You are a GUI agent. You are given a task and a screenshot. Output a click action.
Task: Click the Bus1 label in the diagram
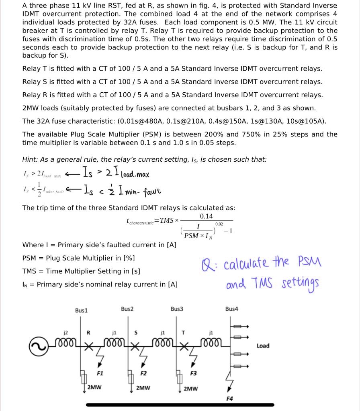81,310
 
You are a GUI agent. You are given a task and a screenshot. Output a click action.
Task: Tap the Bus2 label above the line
127,309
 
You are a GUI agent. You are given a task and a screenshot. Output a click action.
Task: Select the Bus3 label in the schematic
177,309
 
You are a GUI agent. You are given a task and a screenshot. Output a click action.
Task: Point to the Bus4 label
231,309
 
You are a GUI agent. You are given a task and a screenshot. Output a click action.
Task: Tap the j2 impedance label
65,332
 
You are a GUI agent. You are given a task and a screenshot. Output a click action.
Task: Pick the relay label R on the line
89,332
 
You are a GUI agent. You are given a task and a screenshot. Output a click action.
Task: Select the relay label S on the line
136,332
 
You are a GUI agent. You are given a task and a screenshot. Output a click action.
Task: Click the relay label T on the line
183,332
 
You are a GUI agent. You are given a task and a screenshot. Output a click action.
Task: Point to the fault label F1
100,373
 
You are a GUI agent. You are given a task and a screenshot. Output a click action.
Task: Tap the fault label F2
143,373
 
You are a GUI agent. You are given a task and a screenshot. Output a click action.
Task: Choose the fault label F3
193,373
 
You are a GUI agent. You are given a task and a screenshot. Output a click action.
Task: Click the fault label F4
229,399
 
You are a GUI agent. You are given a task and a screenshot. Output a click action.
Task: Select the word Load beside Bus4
263,346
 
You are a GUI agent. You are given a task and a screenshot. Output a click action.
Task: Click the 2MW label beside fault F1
94,388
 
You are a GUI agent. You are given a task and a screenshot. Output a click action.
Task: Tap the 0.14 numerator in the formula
206,216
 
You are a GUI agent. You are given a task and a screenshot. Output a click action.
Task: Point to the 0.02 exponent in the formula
219,224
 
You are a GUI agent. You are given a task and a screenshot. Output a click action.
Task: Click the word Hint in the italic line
30,159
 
